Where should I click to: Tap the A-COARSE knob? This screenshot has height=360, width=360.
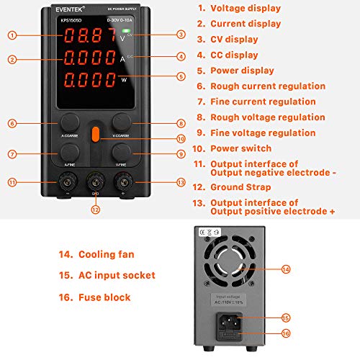71,120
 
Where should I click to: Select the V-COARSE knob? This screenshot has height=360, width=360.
121,120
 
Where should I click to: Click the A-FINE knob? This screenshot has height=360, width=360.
71,151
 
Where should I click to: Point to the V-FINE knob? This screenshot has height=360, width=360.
121,151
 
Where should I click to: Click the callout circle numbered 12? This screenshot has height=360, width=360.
95,210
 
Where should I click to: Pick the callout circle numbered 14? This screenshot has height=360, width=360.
287,269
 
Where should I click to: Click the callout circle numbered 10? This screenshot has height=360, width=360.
181,139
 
